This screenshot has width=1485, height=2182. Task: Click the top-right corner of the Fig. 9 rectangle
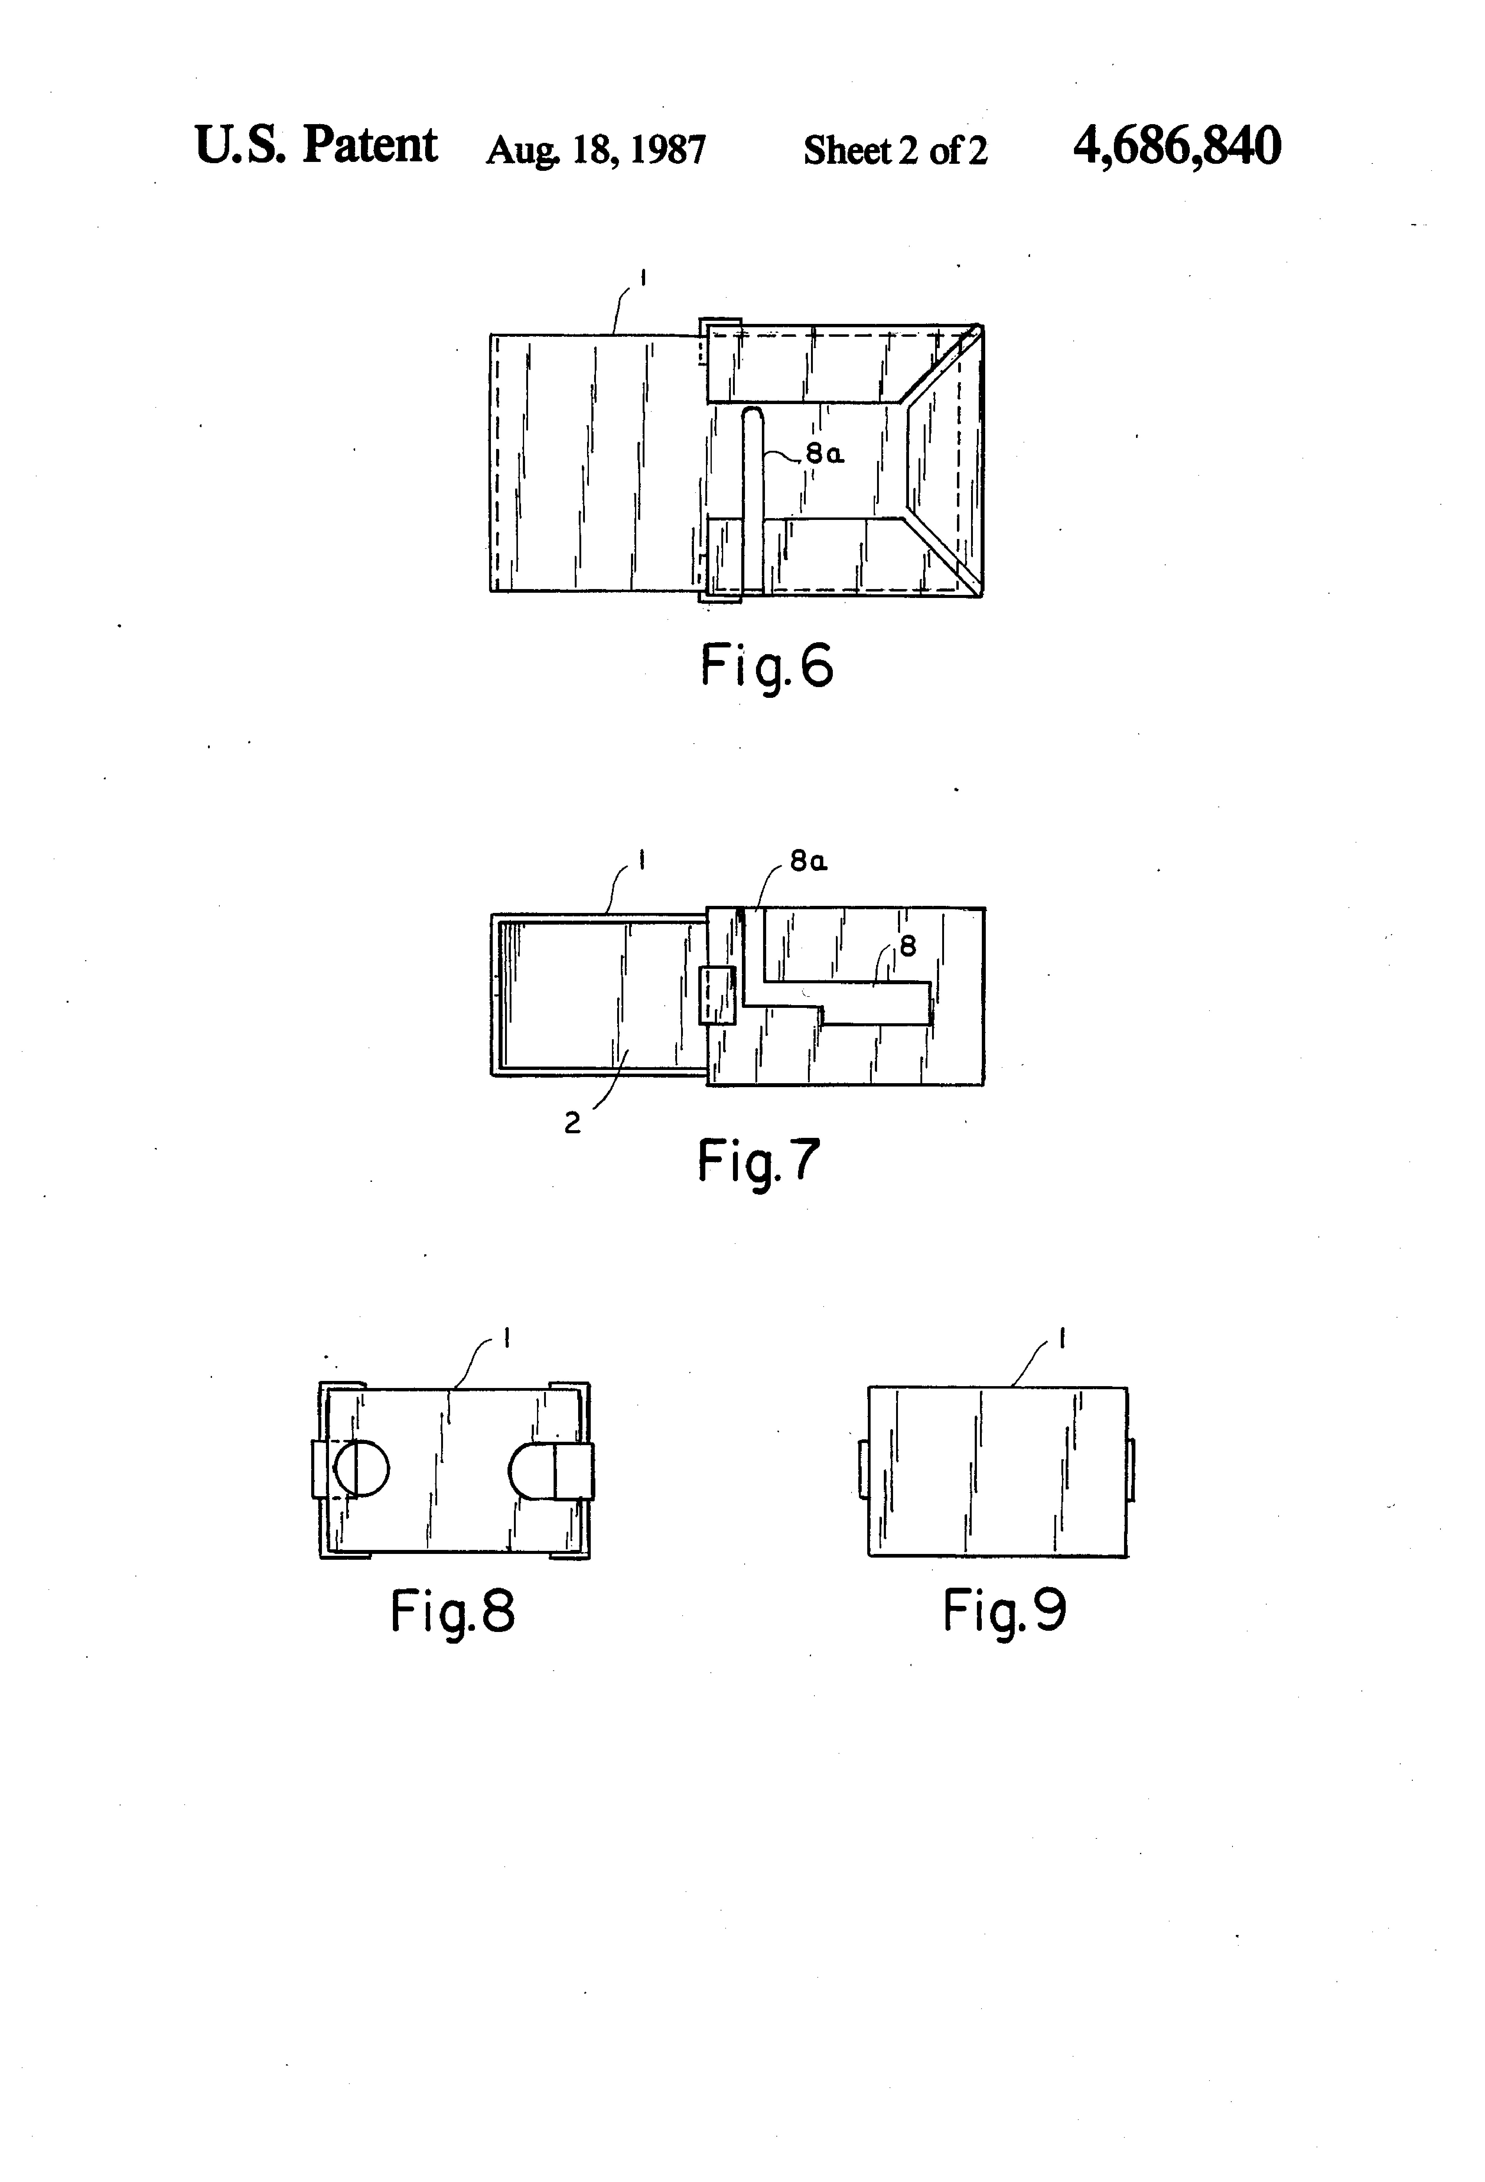tap(1127, 1387)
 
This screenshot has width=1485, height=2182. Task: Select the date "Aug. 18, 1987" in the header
tap(595, 150)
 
